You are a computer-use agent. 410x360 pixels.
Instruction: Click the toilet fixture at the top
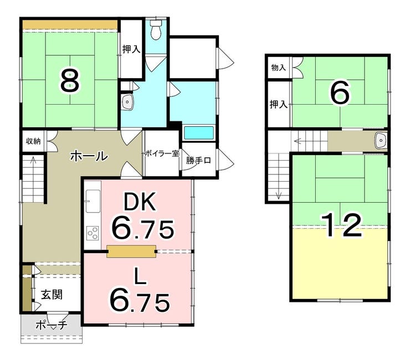click(x=157, y=29)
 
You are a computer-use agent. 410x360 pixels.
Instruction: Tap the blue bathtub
click(x=199, y=133)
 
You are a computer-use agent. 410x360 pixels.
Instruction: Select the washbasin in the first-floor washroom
click(x=127, y=102)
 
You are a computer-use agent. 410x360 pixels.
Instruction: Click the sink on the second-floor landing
click(x=381, y=140)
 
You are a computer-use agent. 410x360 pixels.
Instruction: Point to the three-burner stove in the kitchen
click(x=93, y=233)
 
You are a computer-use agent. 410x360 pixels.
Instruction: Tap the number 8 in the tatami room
click(x=70, y=82)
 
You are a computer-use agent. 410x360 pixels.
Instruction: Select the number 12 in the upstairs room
click(x=341, y=224)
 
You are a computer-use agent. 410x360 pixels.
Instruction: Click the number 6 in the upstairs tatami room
click(x=340, y=92)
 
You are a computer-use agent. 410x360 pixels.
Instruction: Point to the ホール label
click(x=89, y=156)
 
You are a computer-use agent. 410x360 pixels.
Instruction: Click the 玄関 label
click(x=52, y=295)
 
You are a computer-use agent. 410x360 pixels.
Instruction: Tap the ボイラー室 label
click(x=162, y=153)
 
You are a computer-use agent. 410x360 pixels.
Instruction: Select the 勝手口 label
click(x=198, y=160)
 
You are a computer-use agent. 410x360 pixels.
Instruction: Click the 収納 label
click(x=33, y=141)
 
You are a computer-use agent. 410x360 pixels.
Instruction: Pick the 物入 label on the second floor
click(x=279, y=68)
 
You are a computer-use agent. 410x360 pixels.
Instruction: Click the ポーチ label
click(x=52, y=325)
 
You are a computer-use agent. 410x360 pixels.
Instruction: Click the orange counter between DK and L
click(x=131, y=251)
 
